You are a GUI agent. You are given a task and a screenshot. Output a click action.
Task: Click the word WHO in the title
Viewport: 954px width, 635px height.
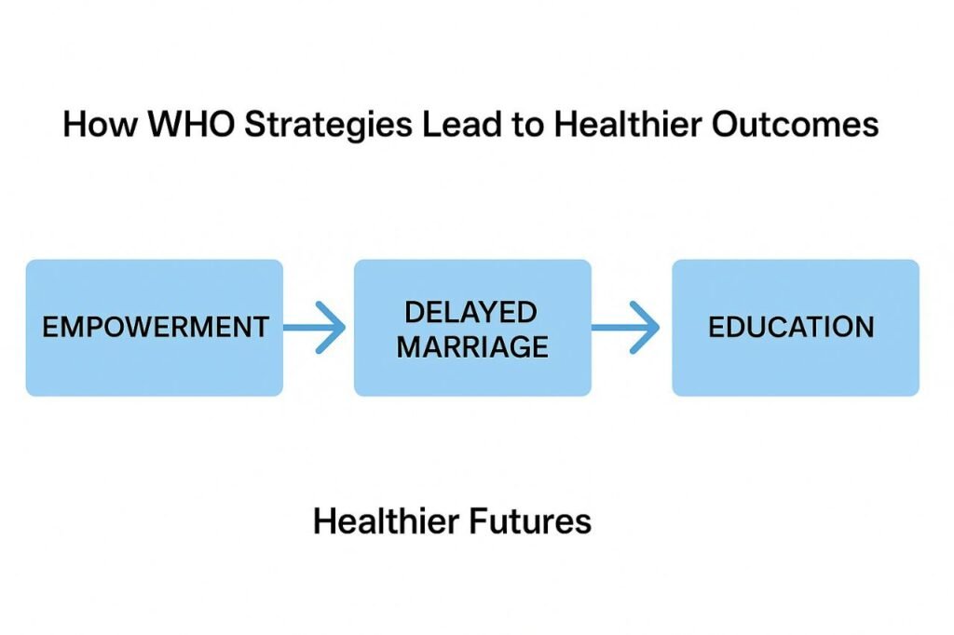point(191,124)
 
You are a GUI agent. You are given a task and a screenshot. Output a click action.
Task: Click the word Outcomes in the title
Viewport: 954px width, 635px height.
point(795,124)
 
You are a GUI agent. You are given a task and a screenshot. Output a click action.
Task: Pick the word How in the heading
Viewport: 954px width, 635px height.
point(101,124)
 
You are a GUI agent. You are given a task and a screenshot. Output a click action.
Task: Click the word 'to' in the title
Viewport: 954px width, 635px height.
point(527,126)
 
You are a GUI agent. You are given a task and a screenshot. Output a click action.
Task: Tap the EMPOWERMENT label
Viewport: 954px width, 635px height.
point(156,327)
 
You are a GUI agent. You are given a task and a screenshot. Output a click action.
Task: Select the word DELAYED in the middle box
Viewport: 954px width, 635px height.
point(470,313)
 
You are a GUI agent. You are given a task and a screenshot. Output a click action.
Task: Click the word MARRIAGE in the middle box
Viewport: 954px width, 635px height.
point(472,347)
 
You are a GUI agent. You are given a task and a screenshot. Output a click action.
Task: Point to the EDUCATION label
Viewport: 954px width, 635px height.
point(791,327)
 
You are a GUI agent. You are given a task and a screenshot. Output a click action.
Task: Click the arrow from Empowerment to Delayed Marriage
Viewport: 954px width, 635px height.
point(315,328)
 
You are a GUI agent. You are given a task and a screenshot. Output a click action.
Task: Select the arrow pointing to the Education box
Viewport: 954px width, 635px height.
point(625,328)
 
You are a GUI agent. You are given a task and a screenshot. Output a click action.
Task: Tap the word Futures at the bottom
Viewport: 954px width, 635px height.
point(530,521)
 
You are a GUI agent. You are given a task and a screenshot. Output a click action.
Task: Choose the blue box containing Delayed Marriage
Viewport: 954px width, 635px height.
point(472,328)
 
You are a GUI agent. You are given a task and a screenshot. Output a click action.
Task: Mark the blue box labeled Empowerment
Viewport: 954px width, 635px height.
point(155,328)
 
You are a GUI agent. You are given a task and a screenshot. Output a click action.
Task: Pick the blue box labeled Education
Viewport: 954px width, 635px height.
point(796,328)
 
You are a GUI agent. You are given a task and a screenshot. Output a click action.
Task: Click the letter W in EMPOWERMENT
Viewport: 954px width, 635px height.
point(132,327)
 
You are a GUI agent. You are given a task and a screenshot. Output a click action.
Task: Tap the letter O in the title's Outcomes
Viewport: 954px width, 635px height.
point(724,124)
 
